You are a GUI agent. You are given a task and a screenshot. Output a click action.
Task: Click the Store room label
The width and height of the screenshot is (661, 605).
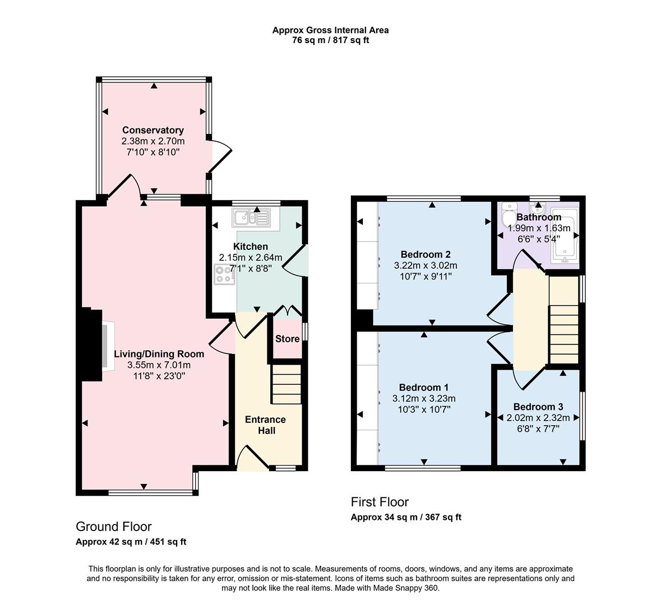287,339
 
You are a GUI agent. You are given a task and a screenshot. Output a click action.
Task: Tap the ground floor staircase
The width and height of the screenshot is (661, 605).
286,384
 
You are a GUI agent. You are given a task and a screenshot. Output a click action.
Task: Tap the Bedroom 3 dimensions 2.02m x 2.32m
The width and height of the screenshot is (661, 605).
538,418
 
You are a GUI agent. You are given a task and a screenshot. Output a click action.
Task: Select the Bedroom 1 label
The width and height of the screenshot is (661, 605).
423,388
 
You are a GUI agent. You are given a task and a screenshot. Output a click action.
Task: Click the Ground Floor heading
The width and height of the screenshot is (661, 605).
114,527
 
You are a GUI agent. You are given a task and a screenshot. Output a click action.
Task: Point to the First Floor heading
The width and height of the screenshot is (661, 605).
380,502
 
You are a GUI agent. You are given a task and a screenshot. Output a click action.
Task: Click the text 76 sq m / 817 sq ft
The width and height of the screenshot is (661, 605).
330,40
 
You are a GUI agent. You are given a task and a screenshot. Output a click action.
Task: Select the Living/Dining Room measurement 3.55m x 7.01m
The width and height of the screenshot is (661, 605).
159,365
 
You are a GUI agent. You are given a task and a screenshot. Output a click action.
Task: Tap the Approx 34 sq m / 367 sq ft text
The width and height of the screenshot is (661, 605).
406,518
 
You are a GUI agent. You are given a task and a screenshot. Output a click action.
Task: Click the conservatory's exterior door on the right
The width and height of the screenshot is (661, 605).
220,155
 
